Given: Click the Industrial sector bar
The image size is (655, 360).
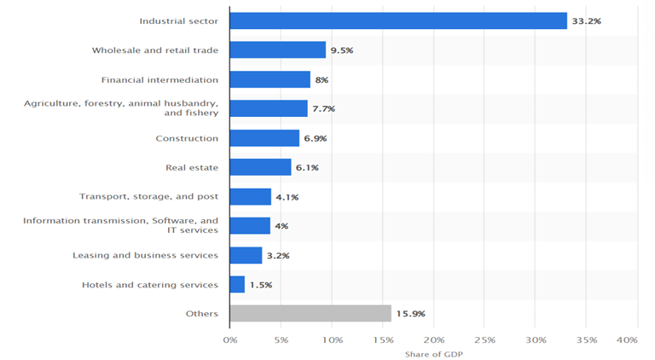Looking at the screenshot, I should click(x=398, y=20).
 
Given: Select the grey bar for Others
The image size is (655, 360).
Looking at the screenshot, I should click(x=310, y=313).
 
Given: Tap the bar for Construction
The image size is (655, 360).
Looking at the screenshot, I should click(x=264, y=138).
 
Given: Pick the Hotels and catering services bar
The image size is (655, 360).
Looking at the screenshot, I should click(x=237, y=284).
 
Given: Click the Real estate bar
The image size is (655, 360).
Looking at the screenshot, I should click(x=260, y=167).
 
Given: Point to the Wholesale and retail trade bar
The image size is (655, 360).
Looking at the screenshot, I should click(x=277, y=50).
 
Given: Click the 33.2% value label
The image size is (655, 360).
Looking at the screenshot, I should click(x=586, y=20).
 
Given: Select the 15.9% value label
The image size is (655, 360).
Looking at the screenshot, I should click(x=410, y=314).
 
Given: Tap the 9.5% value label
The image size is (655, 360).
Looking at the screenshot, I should click(x=341, y=50).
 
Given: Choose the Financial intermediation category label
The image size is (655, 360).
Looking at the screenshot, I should click(x=159, y=79).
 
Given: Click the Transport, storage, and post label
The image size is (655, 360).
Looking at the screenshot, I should click(x=148, y=196).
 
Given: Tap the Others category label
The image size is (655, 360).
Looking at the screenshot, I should click(x=202, y=313).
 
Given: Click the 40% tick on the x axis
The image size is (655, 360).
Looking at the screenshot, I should click(x=626, y=340).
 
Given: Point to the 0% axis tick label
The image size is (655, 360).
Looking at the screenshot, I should click(x=229, y=340).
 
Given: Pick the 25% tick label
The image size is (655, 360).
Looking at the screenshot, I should click(x=484, y=340).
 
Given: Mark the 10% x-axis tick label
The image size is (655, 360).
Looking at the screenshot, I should click(x=332, y=340).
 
